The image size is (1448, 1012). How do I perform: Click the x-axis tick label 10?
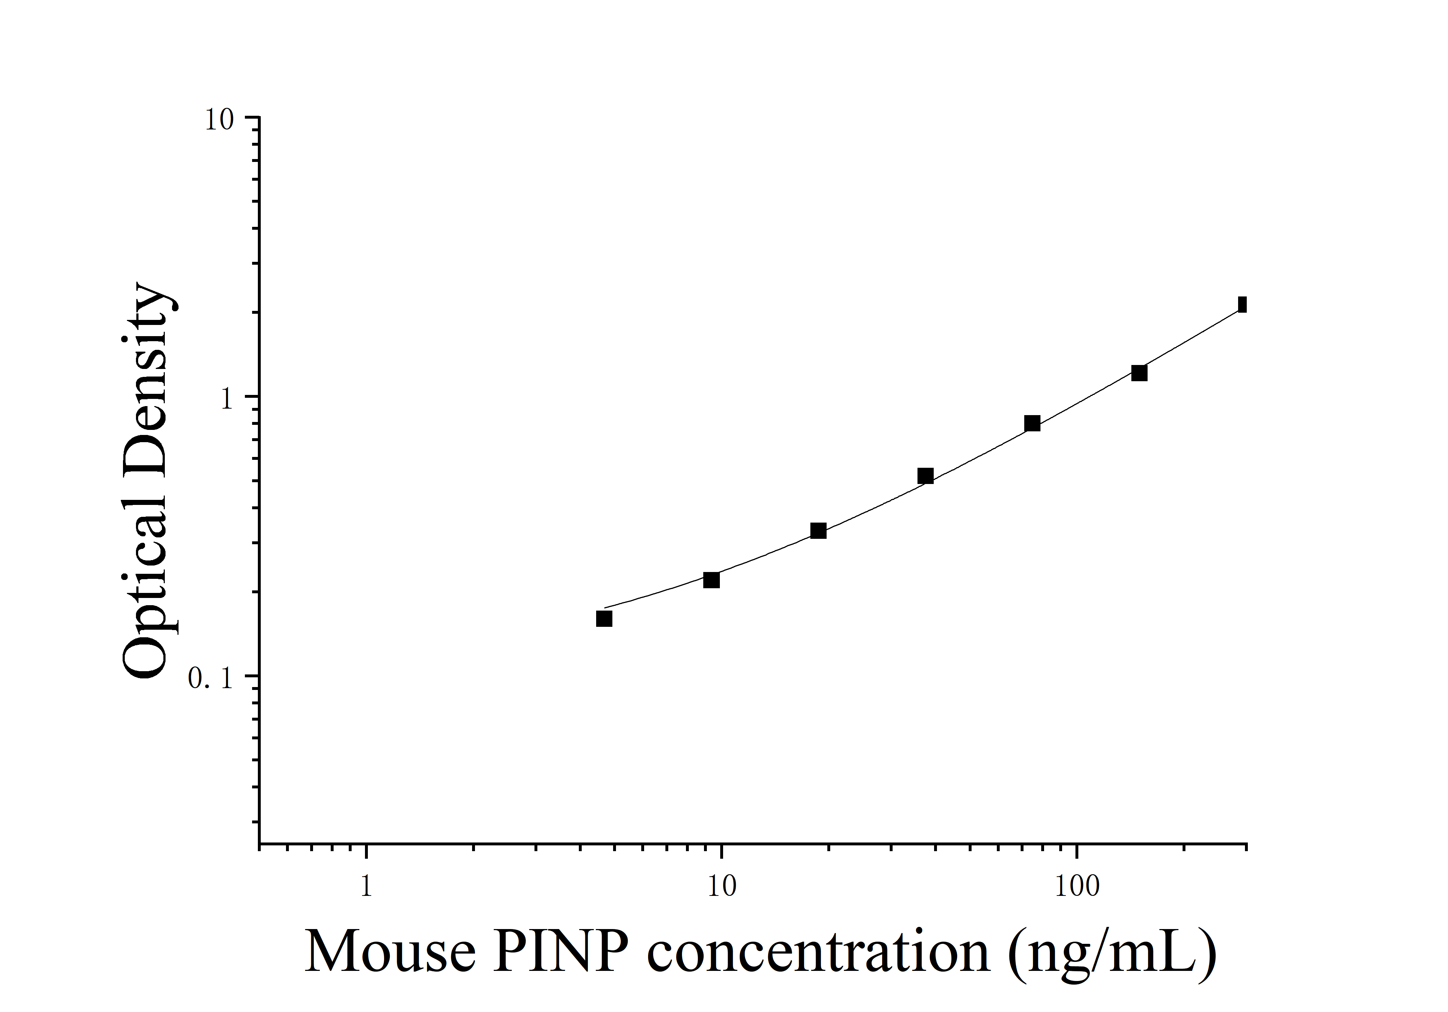721,886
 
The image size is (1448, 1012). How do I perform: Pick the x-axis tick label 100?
1076,886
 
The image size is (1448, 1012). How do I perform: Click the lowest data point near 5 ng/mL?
604,619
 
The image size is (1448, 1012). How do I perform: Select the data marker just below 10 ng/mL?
712,580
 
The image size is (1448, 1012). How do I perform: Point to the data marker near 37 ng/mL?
925,475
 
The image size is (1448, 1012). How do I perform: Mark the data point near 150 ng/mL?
1139,373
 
